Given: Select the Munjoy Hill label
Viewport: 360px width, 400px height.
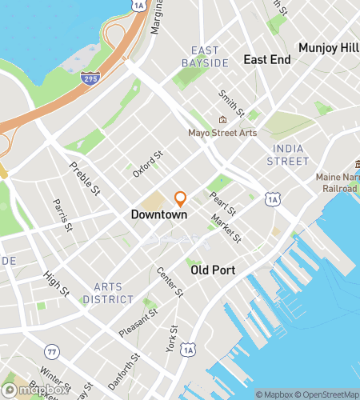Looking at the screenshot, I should click(328, 48).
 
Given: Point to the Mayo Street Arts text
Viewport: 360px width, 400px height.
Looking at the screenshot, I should click(222, 133).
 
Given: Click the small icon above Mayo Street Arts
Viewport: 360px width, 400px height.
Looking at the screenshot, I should click(222, 120).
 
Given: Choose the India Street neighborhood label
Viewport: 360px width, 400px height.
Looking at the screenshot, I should click(290, 155).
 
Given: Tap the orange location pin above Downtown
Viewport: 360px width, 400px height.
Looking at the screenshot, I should click(181, 198).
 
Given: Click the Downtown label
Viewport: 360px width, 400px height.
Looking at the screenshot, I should click(159, 215).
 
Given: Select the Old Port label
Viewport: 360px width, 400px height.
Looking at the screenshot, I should click(213, 270).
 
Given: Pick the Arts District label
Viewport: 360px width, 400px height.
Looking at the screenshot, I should click(113, 293).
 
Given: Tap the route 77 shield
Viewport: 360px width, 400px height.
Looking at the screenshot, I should click(52, 351).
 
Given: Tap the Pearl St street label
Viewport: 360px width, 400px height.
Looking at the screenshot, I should click(225, 204).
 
